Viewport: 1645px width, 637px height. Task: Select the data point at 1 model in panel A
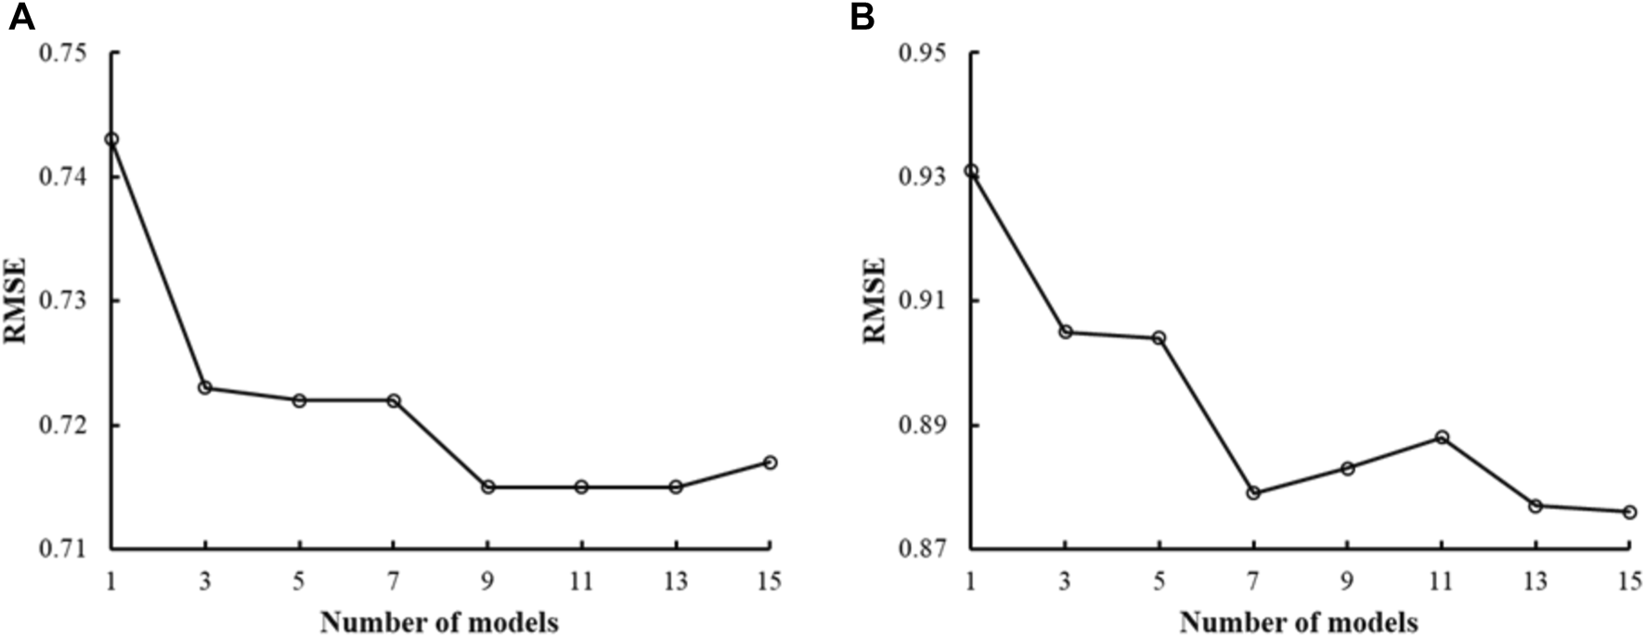click(111, 139)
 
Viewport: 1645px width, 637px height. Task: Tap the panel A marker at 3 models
click(205, 387)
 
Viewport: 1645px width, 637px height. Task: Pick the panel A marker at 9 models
click(487, 487)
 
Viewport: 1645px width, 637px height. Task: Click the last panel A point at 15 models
click(770, 461)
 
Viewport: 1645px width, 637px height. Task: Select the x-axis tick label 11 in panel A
click(581, 582)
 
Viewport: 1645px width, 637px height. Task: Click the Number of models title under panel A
click(440, 621)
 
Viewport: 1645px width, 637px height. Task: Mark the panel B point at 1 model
click(971, 171)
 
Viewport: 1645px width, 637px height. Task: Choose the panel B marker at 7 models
click(1253, 493)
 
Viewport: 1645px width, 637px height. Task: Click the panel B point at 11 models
click(1442, 436)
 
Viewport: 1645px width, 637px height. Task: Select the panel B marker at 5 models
click(1159, 338)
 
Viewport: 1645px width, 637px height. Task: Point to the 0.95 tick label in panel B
click(921, 53)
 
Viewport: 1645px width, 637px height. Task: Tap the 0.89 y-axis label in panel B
click(921, 425)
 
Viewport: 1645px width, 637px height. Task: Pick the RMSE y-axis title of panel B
click(875, 301)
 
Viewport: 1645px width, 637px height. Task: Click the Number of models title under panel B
click(1299, 621)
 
